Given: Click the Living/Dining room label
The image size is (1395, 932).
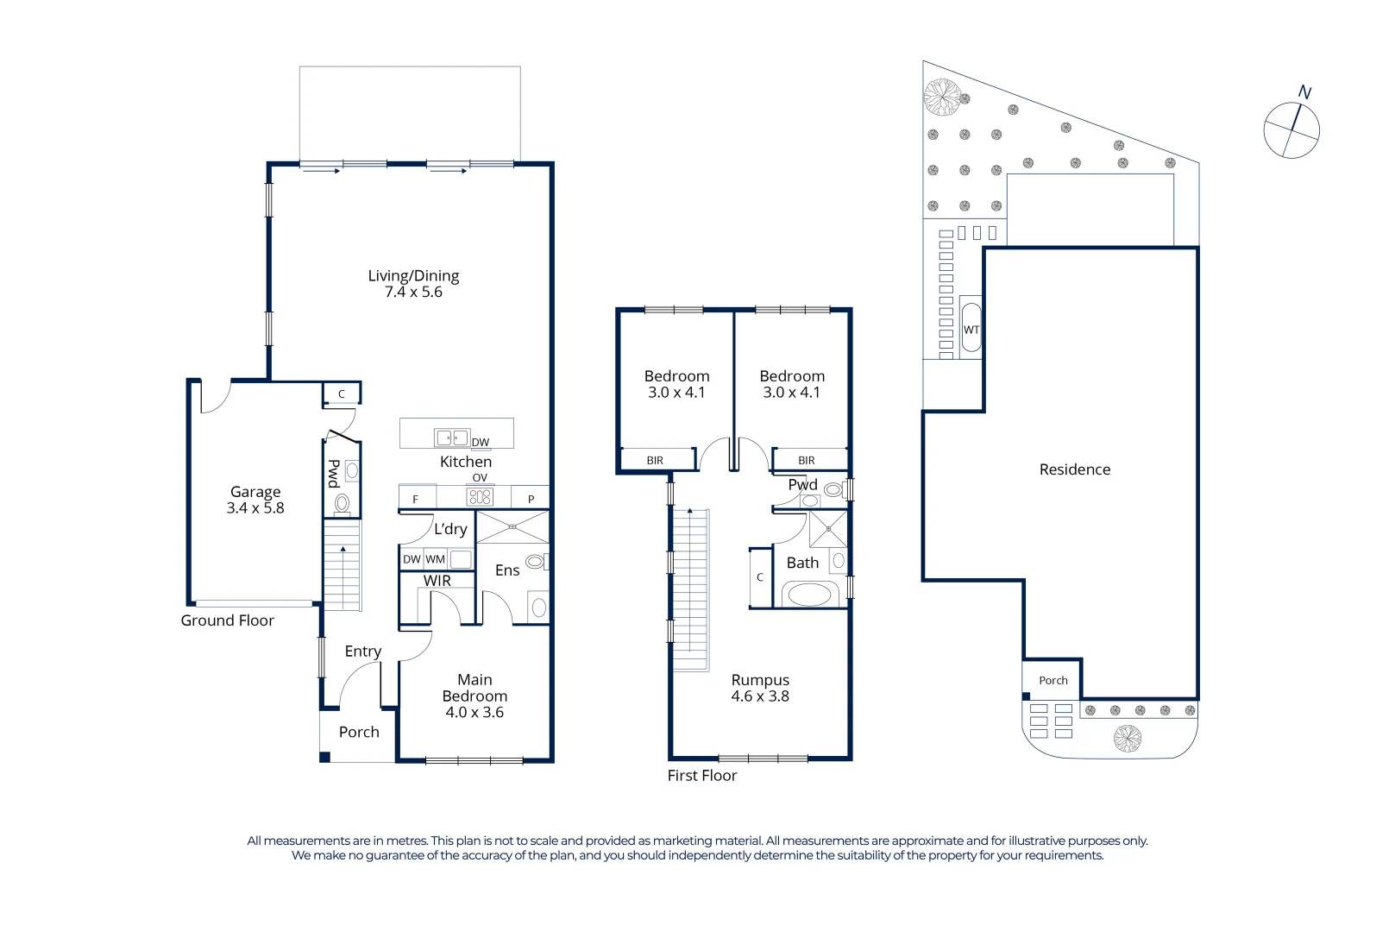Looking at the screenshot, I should click(x=413, y=276).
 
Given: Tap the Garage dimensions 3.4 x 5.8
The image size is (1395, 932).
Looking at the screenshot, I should click(x=255, y=508).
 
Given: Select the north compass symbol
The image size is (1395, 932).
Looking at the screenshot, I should click(x=1291, y=129).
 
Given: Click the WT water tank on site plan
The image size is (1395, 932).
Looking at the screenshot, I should click(x=971, y=328).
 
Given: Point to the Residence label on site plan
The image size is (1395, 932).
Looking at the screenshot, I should click(x=1074, y=469).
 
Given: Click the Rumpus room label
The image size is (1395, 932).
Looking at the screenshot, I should click(x=760, y=680).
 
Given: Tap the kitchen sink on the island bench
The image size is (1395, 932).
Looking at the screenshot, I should click(x=452, y=438).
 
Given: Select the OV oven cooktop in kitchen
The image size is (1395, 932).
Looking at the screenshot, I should click(x=480, y=496).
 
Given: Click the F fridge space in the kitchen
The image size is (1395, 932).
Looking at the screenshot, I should click(x=416, y=499).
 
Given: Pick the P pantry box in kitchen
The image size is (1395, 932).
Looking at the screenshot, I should click(x=531, y=499).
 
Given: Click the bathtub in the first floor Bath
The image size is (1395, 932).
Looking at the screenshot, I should click(x=809, y=594).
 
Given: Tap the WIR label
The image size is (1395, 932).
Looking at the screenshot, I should click(x=437, y=581).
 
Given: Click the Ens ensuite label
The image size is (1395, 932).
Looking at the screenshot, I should click(x=507, y=570).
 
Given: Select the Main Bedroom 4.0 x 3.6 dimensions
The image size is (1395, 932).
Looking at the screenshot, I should click(x=474, y=713).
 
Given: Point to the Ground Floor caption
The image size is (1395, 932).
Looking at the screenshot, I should click(x=227, y=620).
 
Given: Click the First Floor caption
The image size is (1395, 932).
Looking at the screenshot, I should click(x=701, y=776).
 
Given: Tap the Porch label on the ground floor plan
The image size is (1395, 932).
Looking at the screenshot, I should click(x=359, y=732).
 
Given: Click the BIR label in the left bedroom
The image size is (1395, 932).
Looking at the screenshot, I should click(x=655, y=461).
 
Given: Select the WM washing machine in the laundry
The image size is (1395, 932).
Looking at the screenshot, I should click(x=436, y=559).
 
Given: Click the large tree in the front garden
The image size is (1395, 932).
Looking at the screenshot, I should click(x=1127, y=738).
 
